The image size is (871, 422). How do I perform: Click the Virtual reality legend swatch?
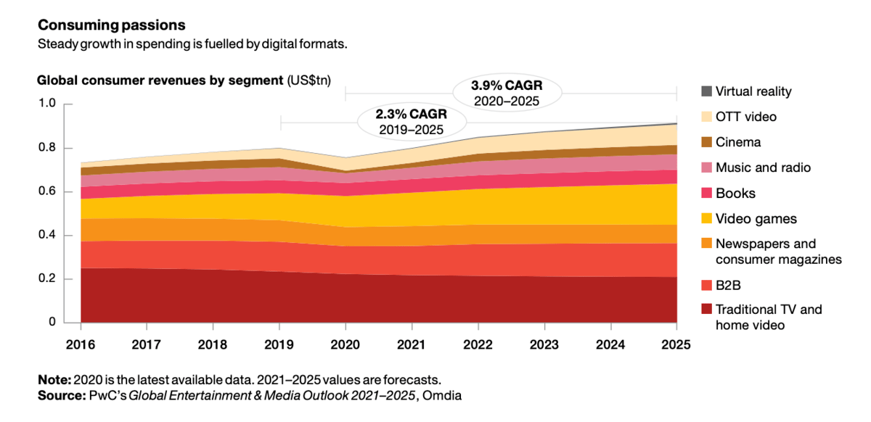(x=706, y=91)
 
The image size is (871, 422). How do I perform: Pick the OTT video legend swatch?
(x=706, y=117)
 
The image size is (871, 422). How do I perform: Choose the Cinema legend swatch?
(x=706, y=142)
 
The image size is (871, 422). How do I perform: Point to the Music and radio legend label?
(x=763, y=167)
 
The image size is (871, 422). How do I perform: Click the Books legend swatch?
(x=706, y=194)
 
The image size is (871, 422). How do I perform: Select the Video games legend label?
(x=756, y=219)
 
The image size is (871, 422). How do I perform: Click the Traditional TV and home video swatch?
(x=706, y=310)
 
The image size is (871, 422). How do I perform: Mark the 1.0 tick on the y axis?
(x=46, y=104)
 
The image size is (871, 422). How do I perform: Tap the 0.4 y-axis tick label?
(x=46, y=236)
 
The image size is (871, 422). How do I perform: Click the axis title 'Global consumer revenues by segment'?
(x=160, y=80)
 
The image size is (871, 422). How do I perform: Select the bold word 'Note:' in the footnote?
(x=54, y=380)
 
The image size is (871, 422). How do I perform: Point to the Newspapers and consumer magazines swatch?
(x=706, y=244)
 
